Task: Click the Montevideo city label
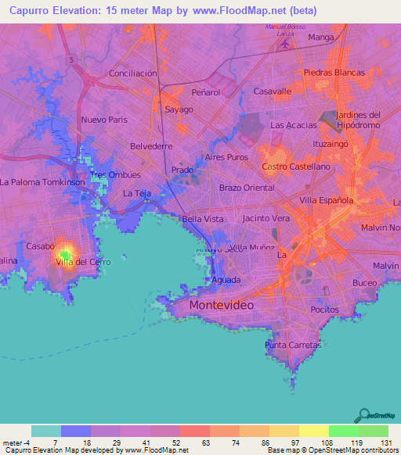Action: tap(222, 305)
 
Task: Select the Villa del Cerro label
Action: tap(82, 262)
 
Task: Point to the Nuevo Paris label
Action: tap(103, 120)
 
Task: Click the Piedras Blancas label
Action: tap(334, 73)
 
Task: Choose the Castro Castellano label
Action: tap(296, 167)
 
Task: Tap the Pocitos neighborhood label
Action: tap(323, 310)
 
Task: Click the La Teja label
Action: tap(137, 193)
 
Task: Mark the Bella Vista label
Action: tap(203, 219)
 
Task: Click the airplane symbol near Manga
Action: tap(284, 43)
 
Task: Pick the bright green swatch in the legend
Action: tap(343, 431)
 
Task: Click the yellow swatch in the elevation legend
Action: tap(313, 431)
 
